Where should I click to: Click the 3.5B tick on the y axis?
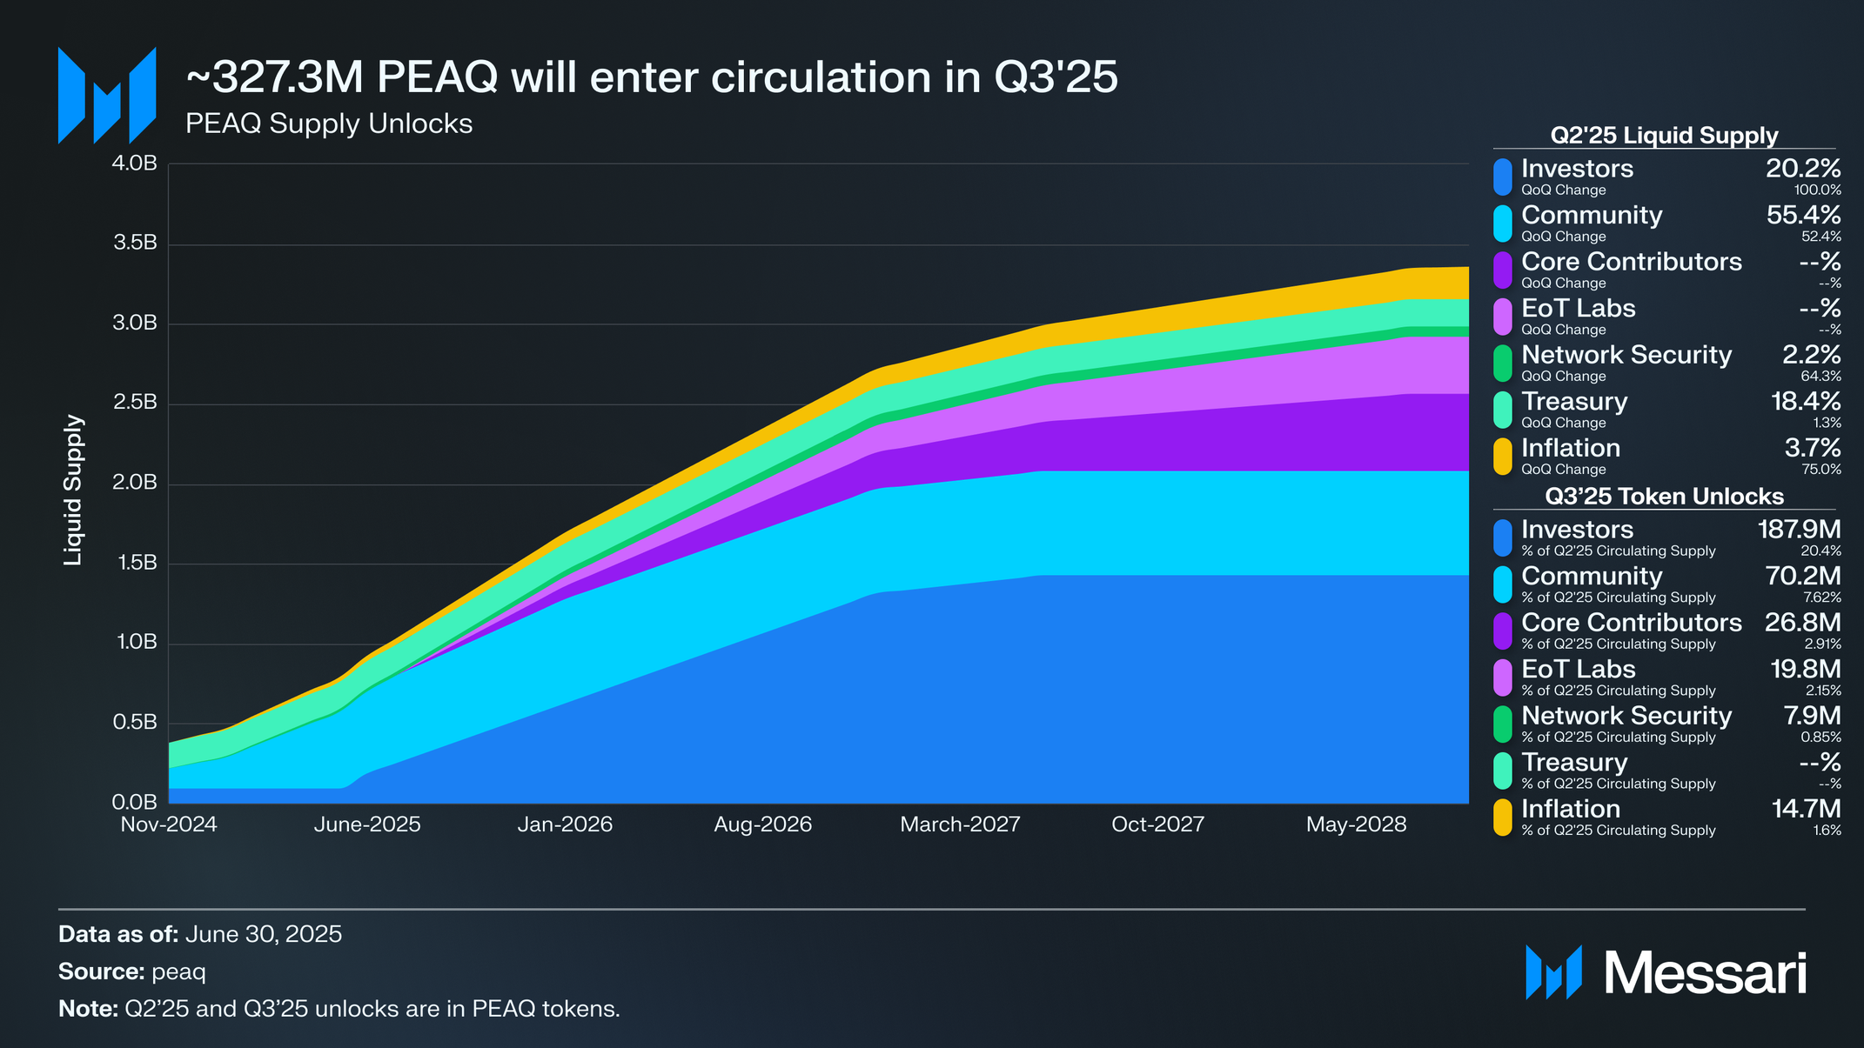click(135, 244)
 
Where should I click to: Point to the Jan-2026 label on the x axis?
click(565, 824)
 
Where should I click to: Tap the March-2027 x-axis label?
click(960, 824)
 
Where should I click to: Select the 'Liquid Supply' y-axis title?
click(73, 490)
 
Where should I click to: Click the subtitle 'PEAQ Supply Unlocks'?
click(329, 124)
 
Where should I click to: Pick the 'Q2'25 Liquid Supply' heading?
click(1664, 136)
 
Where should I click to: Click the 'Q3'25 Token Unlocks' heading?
click(1664, 497)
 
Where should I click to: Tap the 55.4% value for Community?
click(1803, 216)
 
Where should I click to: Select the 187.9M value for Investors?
click(1799, 530)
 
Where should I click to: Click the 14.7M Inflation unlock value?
click(1806, 810)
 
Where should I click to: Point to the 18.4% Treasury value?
click(1806, 402)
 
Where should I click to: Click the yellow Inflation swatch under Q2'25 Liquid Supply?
click(1503, 457)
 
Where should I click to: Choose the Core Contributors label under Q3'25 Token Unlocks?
click(1631, 623)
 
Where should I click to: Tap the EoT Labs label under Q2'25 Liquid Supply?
click(1578, 309)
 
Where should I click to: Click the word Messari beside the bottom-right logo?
click(1705, 973)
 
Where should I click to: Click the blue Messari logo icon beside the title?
click(107, 96)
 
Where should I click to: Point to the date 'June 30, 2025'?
click(263, 935)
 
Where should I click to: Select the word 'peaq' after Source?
click(178, 971)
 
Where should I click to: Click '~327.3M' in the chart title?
click(273, 78)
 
